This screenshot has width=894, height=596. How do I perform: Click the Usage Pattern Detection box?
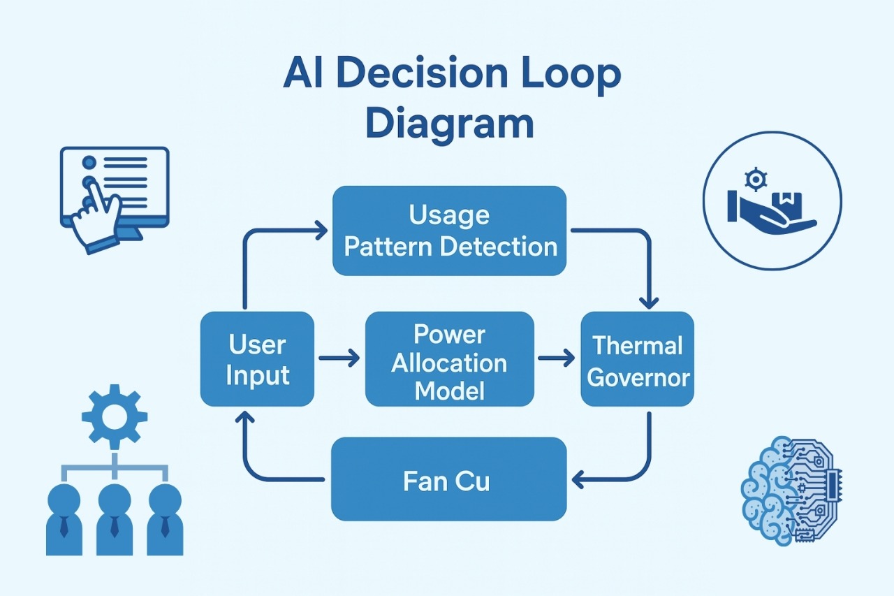[x=449, y=231]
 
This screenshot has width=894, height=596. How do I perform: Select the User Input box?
[x=257, y=359]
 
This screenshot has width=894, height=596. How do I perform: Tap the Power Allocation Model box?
[x=449, y=359]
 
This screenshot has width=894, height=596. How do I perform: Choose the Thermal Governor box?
[x=638, y=359]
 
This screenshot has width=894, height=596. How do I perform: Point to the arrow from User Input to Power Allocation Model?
[x=339, y=359]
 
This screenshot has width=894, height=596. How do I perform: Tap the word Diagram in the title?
[x=449, y=123]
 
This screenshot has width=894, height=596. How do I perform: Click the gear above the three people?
[x=115, y=416]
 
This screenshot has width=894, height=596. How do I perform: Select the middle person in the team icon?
[x=115, y=517]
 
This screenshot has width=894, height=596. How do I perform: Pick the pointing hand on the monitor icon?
[x=96, y=213]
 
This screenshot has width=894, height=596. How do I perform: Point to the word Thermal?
[x=638, y=345]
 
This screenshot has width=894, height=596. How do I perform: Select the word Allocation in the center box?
[x=449, y=363]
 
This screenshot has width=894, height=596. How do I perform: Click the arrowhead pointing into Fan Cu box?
[x=577, y=479]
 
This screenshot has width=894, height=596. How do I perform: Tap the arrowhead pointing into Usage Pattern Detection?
[x=321, y=230]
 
